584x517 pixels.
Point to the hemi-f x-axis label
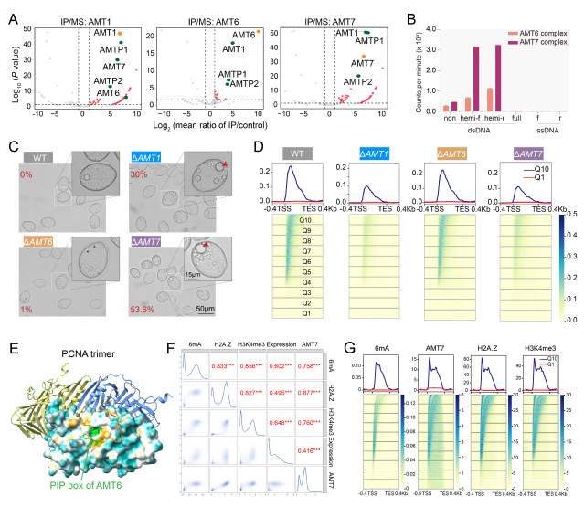[468, 118]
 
